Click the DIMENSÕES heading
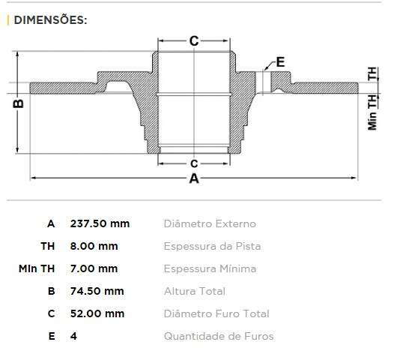click(49, 19)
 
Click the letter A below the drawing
click(194, 179)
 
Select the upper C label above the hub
click(193, 41)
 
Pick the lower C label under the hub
click(193, 162)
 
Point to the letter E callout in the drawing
click(281, 61)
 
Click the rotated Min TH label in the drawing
click(372, 113)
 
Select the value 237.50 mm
click(100, 223)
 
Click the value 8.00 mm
click(94, 246)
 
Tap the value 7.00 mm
click(94, 268)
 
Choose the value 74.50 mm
click(97, 291)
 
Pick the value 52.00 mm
click(97, 313)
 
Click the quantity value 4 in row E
click(73, 336)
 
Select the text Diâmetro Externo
click(209, 223)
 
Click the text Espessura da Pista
click(212, 246)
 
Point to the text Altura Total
click(194, 291)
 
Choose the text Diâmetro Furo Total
click(216, 313)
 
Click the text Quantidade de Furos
click(218, 336)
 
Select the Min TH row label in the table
click(37, 268)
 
